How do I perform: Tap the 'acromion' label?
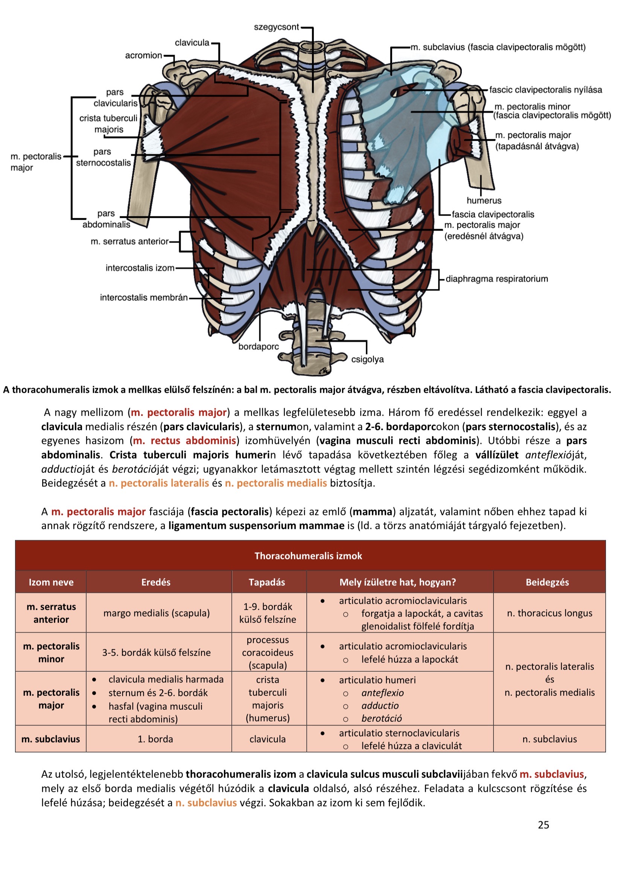click(x=143, y=55)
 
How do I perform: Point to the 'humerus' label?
click(x=484, y=200)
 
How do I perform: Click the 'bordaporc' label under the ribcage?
click(x=258, y=346)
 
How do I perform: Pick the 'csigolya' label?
click(x=367, y=359)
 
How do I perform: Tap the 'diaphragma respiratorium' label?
click(x=496, y=279)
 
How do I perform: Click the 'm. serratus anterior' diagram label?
click(x=129, y=241)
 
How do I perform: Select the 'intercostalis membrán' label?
click(x=144, y=298)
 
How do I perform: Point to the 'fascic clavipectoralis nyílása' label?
click(x=545, y=90)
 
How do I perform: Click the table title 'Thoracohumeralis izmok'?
click(x=308, y=556)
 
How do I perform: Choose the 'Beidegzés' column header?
click(x=547, y=582)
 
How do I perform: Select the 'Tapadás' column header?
click(x=267, y=582)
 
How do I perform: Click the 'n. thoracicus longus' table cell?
click(x=549, y=613)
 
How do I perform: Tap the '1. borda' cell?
click(x=155, y=739)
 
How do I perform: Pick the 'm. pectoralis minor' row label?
click(x=51, y=653)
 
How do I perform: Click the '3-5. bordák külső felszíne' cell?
click(x=157, y=653)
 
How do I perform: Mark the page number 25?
click(x=543, y=825)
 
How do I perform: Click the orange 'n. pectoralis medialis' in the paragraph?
click(x=275, y=483)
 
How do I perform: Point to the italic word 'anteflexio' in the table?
click(x=382, y=693)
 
